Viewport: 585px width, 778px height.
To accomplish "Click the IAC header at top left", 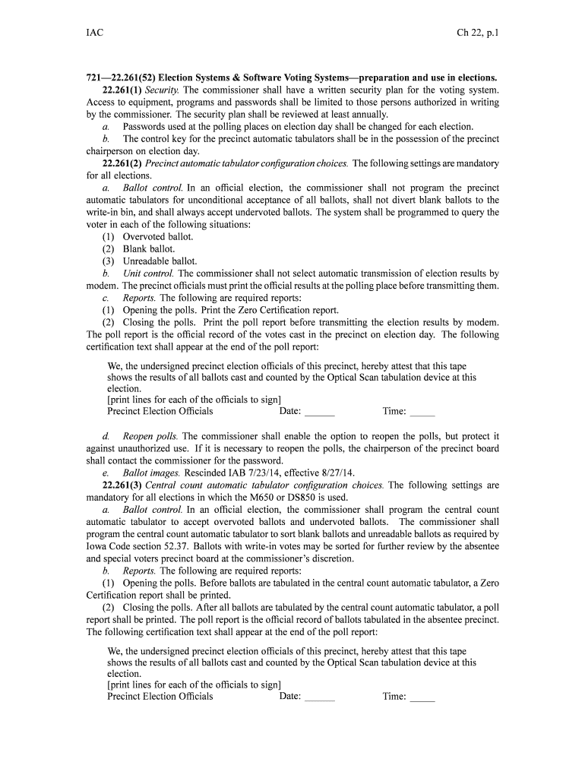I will point(95,33).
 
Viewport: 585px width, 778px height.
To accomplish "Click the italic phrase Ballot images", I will point(151,473).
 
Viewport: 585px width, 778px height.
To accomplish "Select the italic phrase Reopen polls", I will point(150,436).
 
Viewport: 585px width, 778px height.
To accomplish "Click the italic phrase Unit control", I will point(148,274).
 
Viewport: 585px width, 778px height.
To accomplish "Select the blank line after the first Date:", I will point(319,413).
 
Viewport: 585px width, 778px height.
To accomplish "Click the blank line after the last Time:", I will point(422,698).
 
